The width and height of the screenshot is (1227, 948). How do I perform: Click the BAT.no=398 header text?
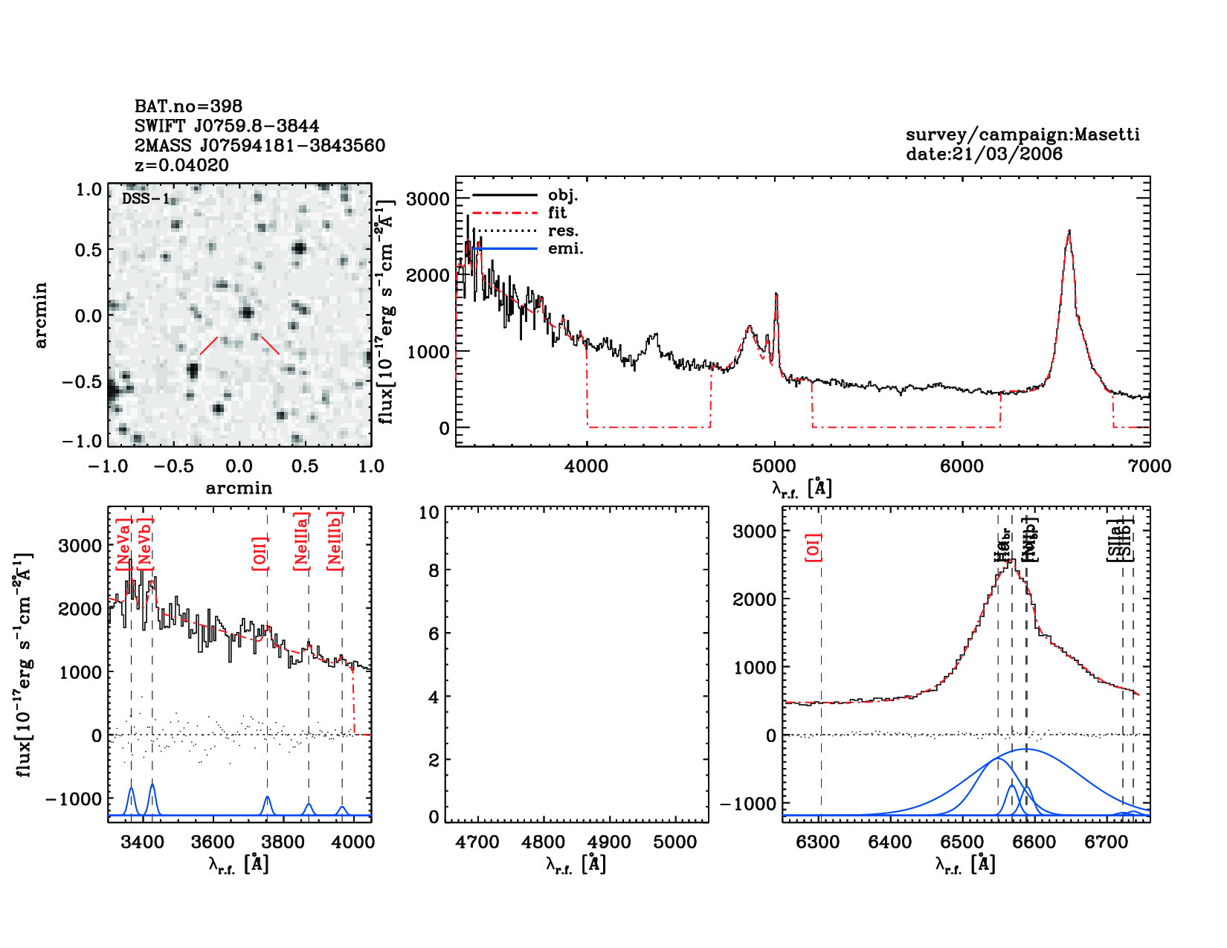click(x=188, y=106)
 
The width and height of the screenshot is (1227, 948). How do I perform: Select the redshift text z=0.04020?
click(x=181, y=165)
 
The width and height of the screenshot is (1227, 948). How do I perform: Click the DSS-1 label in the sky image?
click(x=146, y=199)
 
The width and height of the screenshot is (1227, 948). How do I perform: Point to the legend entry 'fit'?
click(x=557, y=213)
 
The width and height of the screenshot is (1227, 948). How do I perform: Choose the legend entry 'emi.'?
click(x=565, y=248)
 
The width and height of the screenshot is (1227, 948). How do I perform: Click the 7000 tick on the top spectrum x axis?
click(x=1150, y=466)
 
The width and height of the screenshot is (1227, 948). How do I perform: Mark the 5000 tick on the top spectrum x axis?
click(x=774, y=466)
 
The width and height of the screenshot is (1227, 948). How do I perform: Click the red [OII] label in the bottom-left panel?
click(x=260, y=552)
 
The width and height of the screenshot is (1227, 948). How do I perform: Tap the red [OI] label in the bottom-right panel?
click(x=814, y=547)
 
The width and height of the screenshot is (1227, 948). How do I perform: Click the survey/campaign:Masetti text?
click(x=1022, y=135)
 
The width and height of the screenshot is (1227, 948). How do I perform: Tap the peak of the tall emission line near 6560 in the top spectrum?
click(x=1069, y=231)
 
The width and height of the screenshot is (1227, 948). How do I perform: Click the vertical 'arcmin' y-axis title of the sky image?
click(x=41, y=315)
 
